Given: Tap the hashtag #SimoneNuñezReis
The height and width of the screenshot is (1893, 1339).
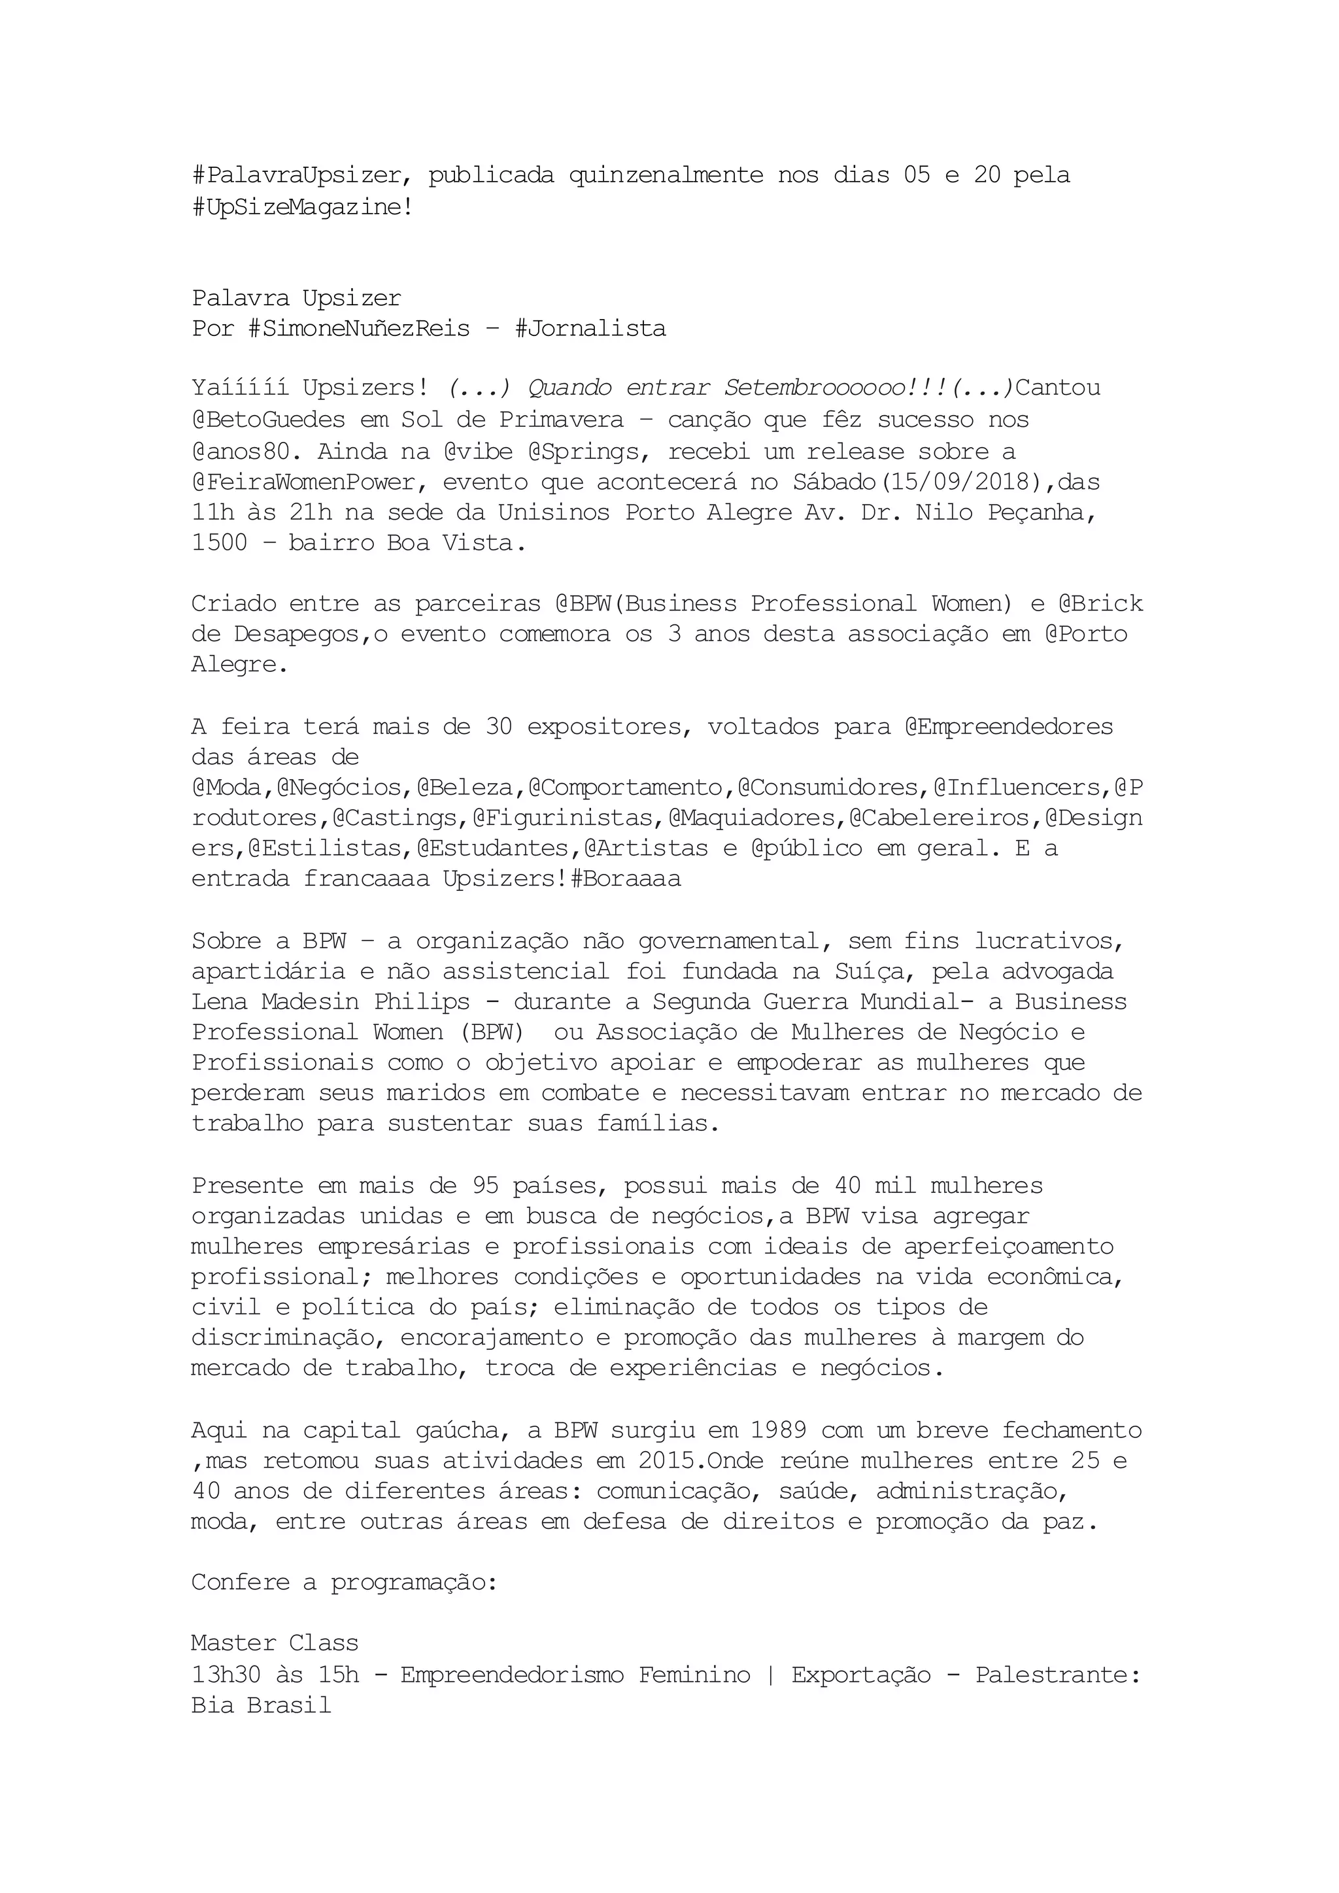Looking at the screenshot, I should [359, 329].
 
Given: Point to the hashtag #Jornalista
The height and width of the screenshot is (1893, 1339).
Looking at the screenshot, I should [590, 329].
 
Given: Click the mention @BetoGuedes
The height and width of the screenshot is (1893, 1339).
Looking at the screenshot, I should [269, 420].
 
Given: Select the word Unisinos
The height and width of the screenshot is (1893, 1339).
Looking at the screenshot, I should [553, 512].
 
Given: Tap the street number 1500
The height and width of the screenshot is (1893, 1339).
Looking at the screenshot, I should [219, 543].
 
